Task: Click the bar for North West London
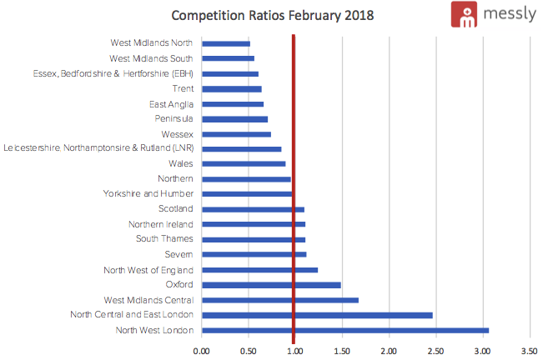345,331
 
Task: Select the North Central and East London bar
317,315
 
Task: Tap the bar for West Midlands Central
280,300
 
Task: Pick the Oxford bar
271,285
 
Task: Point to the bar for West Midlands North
226,43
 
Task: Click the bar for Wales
244,164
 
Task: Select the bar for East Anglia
233,104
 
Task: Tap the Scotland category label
176,209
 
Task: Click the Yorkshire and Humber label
148,194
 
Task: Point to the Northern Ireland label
161,224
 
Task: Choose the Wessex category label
178,134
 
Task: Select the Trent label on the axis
183,88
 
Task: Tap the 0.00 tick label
201,351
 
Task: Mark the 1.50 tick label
341,351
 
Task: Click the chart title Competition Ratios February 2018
272,15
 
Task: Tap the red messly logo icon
464,16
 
